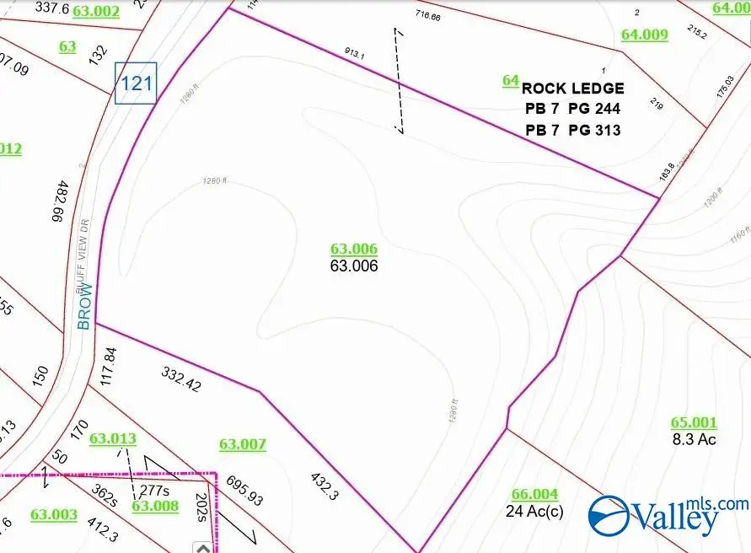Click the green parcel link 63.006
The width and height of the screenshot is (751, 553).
354,249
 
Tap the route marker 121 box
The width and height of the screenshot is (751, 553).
136,83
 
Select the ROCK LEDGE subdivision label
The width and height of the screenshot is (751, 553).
573,89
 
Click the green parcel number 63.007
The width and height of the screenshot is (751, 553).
243,444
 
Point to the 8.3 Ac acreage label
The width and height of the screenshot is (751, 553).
694,439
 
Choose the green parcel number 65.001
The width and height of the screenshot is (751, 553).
694,423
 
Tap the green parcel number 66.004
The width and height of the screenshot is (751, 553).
534,494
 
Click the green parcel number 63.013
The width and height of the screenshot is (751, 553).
112,438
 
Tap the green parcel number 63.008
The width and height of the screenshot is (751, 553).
155,506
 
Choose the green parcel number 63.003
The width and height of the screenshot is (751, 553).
54,514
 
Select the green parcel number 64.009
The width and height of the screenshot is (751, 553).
645,35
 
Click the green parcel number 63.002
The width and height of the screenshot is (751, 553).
96,11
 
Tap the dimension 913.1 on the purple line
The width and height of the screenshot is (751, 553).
354,54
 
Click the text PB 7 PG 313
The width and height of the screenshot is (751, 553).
573,130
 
